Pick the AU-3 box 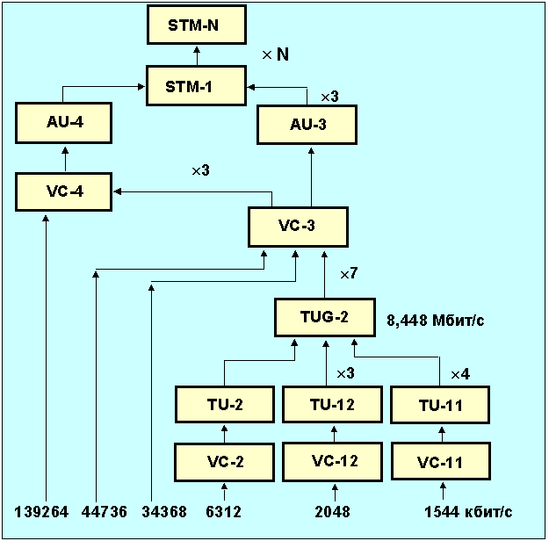pos(307,124)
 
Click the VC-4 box pos(64,191)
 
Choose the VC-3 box pos(298,227)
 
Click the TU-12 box pos(331,405)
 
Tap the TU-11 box pos(439,405)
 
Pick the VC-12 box pos(331,461)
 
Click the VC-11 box pos(439,461)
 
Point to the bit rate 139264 pos(41,511)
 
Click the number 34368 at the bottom pos(164,511)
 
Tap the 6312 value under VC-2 pos(224,511)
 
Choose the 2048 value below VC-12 pos(333,511)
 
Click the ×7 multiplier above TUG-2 pos(348,274)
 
